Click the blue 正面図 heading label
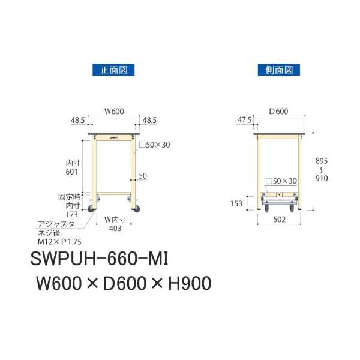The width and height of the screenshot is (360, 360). coord(113,70)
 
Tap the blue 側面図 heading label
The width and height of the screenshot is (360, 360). coord(278,70)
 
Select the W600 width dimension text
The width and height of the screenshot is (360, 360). coord(114,110)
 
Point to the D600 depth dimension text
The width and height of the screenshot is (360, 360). coord(278,110)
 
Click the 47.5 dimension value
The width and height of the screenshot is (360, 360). coord(244,120)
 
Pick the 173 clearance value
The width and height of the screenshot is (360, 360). coord(73,214)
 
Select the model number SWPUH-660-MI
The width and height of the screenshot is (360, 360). coord(101,260)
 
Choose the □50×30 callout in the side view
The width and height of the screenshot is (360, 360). coord(281,181)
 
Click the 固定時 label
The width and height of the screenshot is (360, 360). coord(69,197)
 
